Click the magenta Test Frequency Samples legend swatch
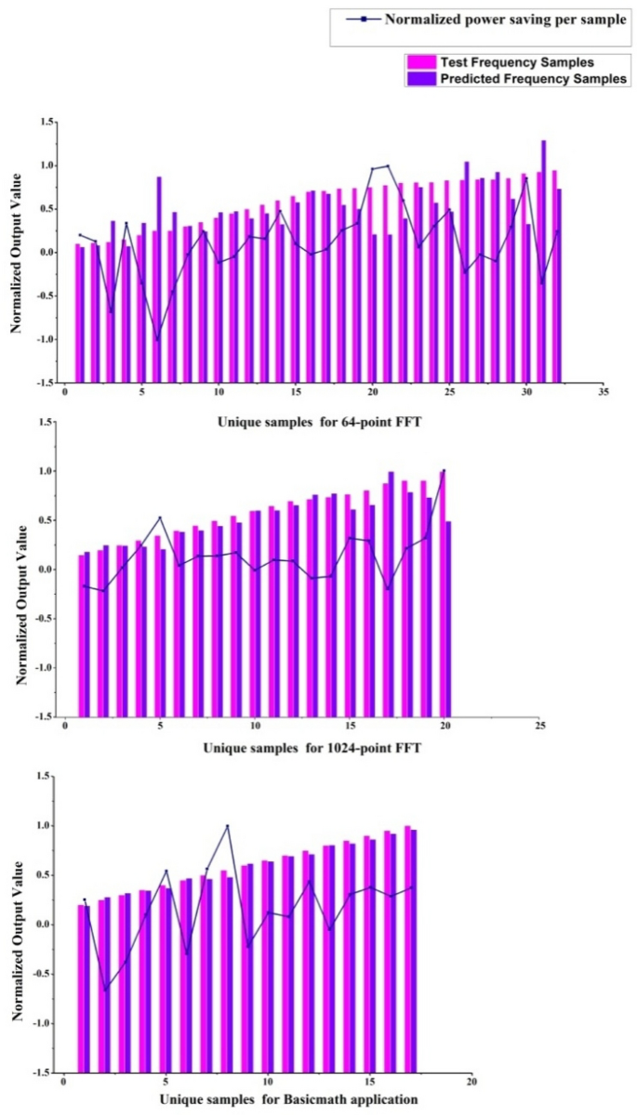coord(416,62)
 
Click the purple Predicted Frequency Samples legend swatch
coord(416,79)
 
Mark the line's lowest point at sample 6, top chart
coord(157,339)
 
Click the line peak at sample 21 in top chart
coord(388,166)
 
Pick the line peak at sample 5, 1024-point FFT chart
coord(160,518)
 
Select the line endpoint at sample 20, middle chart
coord(444,471)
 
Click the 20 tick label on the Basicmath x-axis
coord(471,1082)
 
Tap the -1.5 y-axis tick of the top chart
coord(43,382)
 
